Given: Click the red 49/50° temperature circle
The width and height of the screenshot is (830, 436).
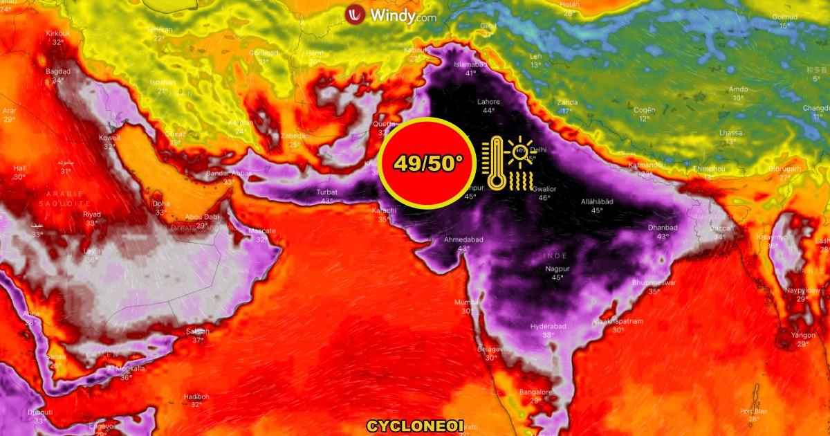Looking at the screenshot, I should pos(430,163).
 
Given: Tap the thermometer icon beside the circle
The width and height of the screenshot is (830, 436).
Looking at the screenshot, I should pos(495,163).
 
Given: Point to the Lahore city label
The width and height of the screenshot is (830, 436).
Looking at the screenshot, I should pos(488,102).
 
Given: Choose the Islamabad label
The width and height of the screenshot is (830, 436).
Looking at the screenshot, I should pos(470,64).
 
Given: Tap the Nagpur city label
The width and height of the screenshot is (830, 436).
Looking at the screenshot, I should pos(557,268).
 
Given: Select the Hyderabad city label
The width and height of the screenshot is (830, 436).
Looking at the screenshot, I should pos(548,326).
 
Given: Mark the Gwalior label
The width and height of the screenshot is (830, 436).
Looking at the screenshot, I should pos(544,189).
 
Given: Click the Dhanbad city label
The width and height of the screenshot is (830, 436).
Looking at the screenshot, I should pos(663,227).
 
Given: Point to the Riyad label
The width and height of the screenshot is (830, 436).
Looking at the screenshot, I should pos(92,215).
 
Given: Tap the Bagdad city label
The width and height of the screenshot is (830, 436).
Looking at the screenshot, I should pos(58,72).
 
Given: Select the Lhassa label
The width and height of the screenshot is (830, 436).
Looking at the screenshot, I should pos(730,133).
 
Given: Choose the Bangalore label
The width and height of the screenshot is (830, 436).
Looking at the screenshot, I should pos(535,392).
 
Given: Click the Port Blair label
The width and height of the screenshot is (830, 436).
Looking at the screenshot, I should pos(754,410).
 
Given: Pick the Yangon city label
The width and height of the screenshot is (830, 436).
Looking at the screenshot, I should pos(803,335).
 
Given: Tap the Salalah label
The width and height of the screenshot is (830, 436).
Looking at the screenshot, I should pos(197,331).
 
